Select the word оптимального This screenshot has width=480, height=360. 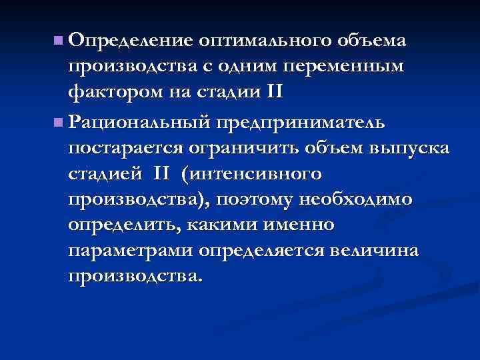262,42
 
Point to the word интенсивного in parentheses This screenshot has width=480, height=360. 258,173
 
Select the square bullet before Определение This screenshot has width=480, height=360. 59,41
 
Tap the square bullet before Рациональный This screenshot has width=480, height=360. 59,122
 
